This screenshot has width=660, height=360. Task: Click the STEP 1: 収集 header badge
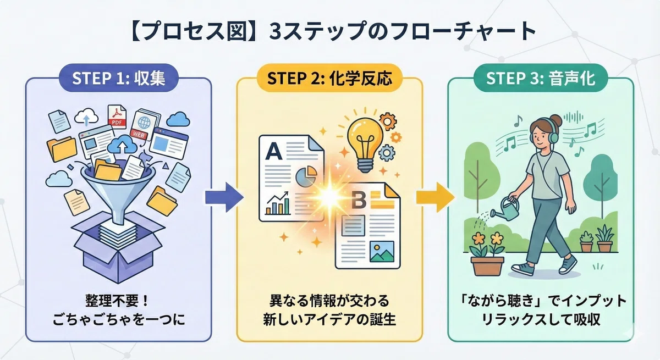tap(119, 78)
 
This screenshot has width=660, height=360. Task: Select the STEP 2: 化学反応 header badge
tap(329, 78)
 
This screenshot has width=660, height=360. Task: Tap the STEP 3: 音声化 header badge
tap(541, 78)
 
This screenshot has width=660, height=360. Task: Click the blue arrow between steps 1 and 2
tap(224, 197)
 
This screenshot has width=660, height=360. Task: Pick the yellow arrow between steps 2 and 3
tap(435, 197)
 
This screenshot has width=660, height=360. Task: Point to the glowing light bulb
tap(365, 144)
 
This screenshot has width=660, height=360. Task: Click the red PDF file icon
tap(117, 117)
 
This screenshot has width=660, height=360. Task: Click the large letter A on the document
tap(274, 151)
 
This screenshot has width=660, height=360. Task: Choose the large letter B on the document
tap(359, 200)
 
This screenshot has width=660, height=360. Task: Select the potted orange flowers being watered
tap(488, 253)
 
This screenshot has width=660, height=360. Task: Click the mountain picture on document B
tap(382, 252)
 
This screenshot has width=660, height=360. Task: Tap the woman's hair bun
tap(556, 120)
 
